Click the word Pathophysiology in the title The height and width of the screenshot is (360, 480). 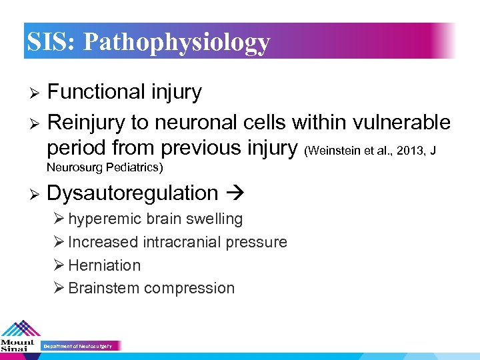(177, 42)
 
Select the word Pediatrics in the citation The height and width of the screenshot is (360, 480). (137, 166)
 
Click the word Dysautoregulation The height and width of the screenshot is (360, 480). (133, 193)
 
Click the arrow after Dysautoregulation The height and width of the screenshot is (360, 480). (235, 193)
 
